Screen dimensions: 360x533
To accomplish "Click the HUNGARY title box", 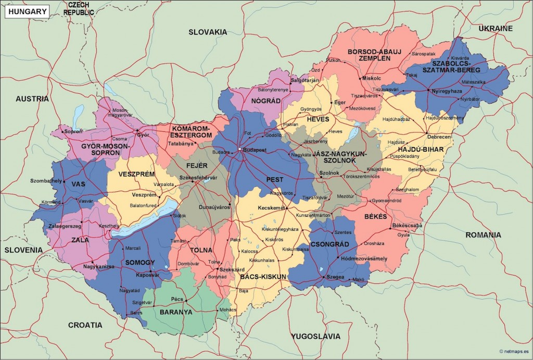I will [x=27, y=11].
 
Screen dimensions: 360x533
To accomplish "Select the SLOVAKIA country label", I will [x=208, y=32].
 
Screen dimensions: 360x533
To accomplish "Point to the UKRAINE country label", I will [x=496, y=28].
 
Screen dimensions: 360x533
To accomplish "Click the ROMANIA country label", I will [x=483, y=235].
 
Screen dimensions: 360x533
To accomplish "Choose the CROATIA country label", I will [x=85, y=325].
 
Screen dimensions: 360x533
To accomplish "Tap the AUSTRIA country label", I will [x=32, y=98].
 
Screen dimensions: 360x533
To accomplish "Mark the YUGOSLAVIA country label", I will [x=316, y=336].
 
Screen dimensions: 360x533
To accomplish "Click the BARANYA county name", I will [x=176, y=313].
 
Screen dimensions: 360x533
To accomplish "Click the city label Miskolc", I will [x=371, y=78].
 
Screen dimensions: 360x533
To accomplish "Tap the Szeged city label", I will [x=336, y=277].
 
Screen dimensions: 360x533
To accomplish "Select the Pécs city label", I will [x=177, y=300].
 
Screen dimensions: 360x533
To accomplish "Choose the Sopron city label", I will [x=73, y=131].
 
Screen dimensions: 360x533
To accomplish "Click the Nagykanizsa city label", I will [x=99, y=267].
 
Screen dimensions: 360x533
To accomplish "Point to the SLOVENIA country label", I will [x=23, y=250].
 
